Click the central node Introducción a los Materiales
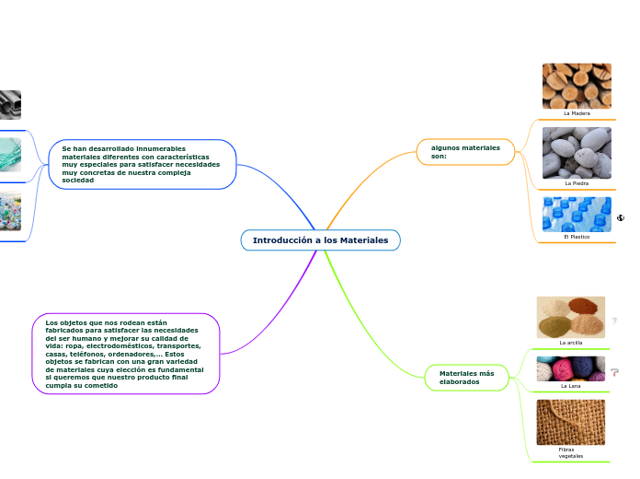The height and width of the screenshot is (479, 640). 320,240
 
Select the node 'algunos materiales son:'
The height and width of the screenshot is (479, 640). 465,151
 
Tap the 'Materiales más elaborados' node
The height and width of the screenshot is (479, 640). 466,377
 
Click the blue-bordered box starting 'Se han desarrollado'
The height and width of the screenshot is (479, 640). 142,164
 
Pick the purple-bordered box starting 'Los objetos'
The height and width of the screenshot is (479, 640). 125,354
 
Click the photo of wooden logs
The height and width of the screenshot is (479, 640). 577,86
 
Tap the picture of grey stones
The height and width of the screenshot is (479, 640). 577,153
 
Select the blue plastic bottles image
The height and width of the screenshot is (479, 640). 577,215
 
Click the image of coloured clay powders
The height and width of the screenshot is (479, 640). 570,317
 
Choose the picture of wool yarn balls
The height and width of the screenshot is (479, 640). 570,368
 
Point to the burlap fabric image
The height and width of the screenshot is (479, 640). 570,422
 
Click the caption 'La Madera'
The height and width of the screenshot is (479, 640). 577,113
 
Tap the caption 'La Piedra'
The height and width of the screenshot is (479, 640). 577,183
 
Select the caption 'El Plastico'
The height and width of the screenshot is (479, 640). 577,237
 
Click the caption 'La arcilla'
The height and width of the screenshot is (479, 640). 570,343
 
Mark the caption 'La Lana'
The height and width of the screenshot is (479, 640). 570,386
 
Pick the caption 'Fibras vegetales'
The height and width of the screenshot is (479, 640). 570,452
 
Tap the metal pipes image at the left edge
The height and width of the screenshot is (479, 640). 10,105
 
